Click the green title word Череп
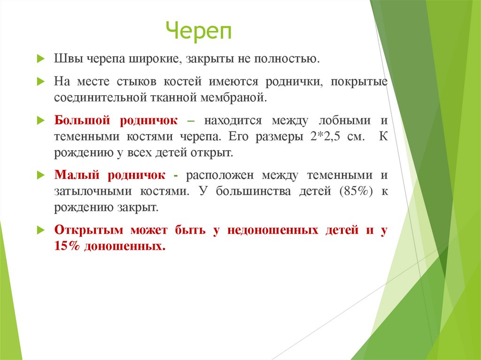[x=200, y=31]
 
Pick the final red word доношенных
[x=125, y=246]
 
